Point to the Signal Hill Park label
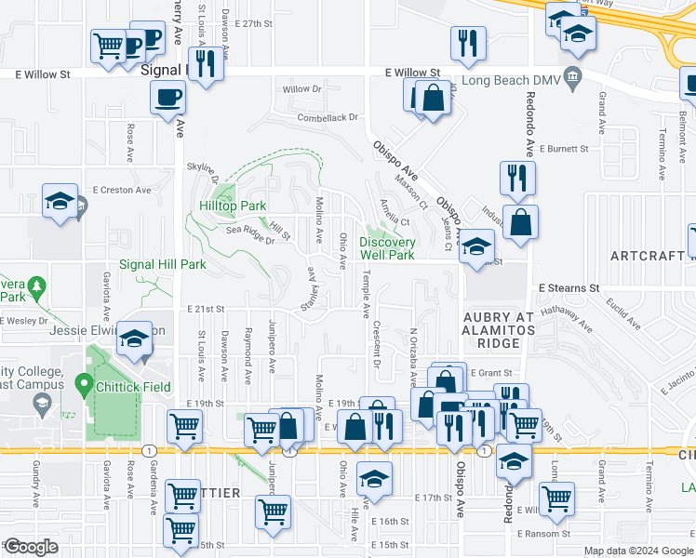(x=162, y=264)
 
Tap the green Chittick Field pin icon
(x=83, y=381)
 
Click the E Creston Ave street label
(x=121, y=190)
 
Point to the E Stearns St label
(x=569, y=288)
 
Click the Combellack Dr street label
(x=328, y=118)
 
